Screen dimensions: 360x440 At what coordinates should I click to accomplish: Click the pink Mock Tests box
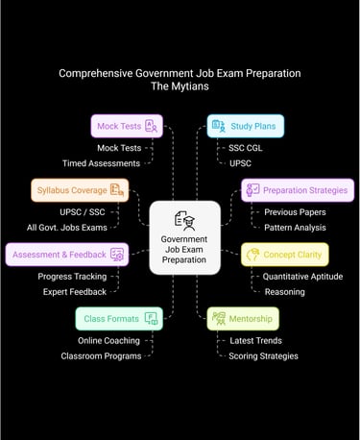coord(127,126)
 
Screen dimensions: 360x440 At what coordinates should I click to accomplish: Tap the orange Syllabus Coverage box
coord(80,190)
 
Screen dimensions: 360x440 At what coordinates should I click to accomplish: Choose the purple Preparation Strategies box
coord(298,190)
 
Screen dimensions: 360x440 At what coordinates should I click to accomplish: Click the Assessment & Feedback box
coord(66,255)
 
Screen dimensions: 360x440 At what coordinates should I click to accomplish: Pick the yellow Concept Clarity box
coord(284,255)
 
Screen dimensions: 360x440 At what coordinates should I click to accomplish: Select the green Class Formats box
coord(118,318)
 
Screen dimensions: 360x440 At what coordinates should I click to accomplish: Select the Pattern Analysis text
coord(295,228)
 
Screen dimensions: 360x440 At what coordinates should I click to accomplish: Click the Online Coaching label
coord(109,340)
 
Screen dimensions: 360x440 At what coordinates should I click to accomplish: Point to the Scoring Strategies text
coord(263,355)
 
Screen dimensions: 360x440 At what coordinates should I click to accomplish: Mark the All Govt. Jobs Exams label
coord(71,228)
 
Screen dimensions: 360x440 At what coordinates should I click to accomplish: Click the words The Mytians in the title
coord(180,86)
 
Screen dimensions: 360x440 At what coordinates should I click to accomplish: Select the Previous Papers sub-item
coord(295,212)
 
